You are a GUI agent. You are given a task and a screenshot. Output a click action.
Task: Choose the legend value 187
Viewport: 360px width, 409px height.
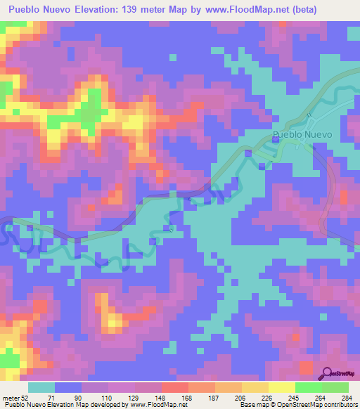tap(215, 397)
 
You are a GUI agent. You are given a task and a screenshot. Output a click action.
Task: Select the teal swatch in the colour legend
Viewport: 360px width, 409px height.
tap(41, 387)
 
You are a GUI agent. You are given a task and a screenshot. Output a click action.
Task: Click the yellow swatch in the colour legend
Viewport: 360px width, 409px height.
tap(282, 387)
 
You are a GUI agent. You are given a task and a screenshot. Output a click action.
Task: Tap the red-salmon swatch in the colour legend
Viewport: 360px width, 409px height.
tap(175, 387)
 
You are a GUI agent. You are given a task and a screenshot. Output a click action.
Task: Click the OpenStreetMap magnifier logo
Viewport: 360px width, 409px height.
tap(327, 372)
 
